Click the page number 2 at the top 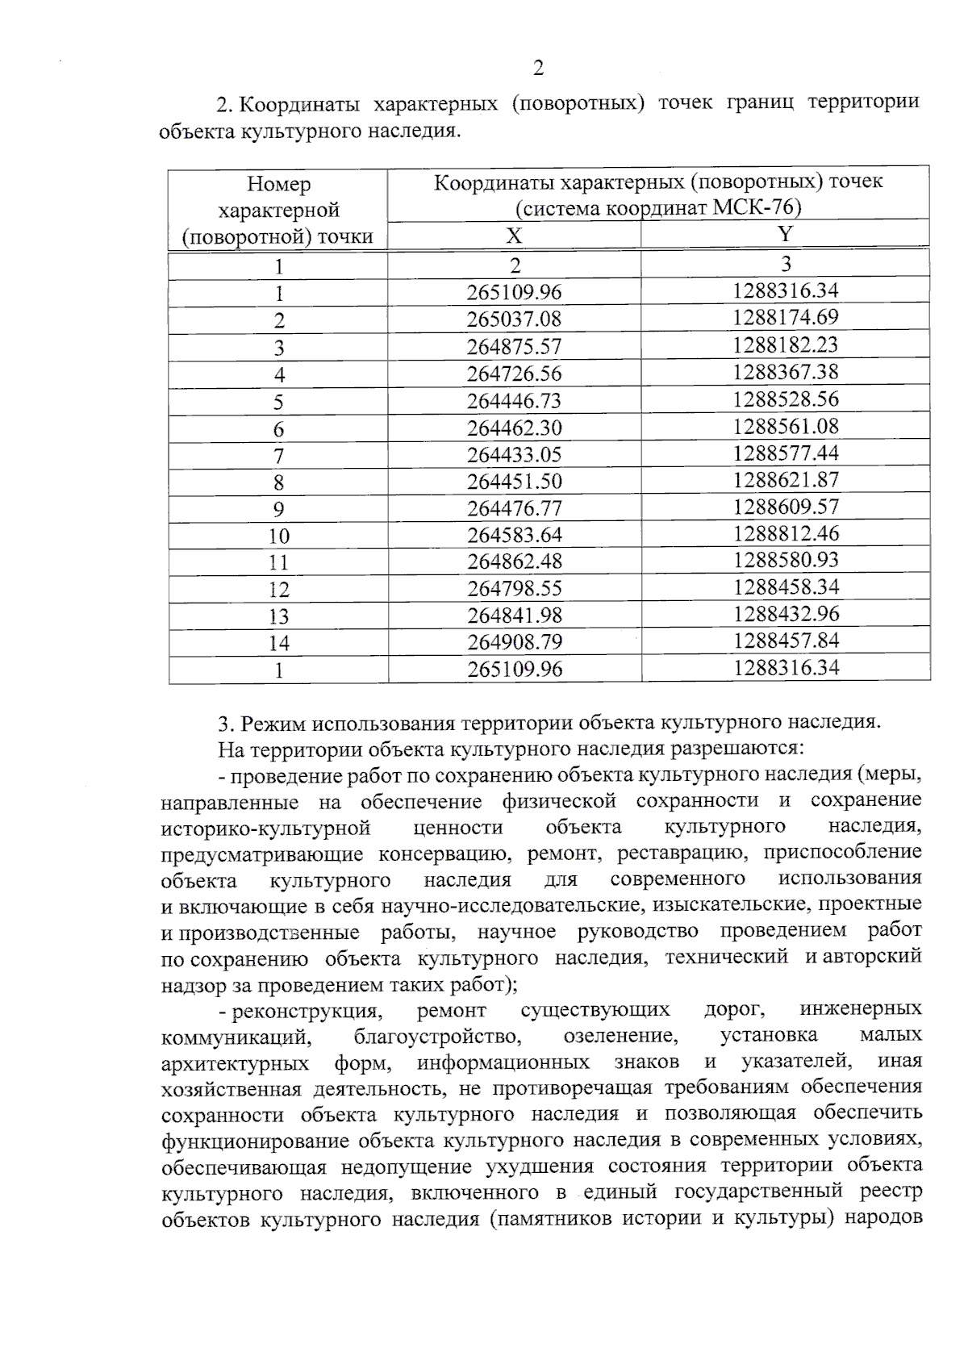539,68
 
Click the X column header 514,236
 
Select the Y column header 786,234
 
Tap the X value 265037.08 514,319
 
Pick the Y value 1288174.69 786,317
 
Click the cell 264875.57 514,347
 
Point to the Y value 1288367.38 786,372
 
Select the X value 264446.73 514,401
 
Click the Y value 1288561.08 786,426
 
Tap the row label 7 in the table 278,456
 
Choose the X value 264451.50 514,482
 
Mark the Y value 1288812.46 786,533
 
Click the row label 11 278,563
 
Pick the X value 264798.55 514,588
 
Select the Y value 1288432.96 786,614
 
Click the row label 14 278,644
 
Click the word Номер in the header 278,185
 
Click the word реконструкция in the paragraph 306,1011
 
